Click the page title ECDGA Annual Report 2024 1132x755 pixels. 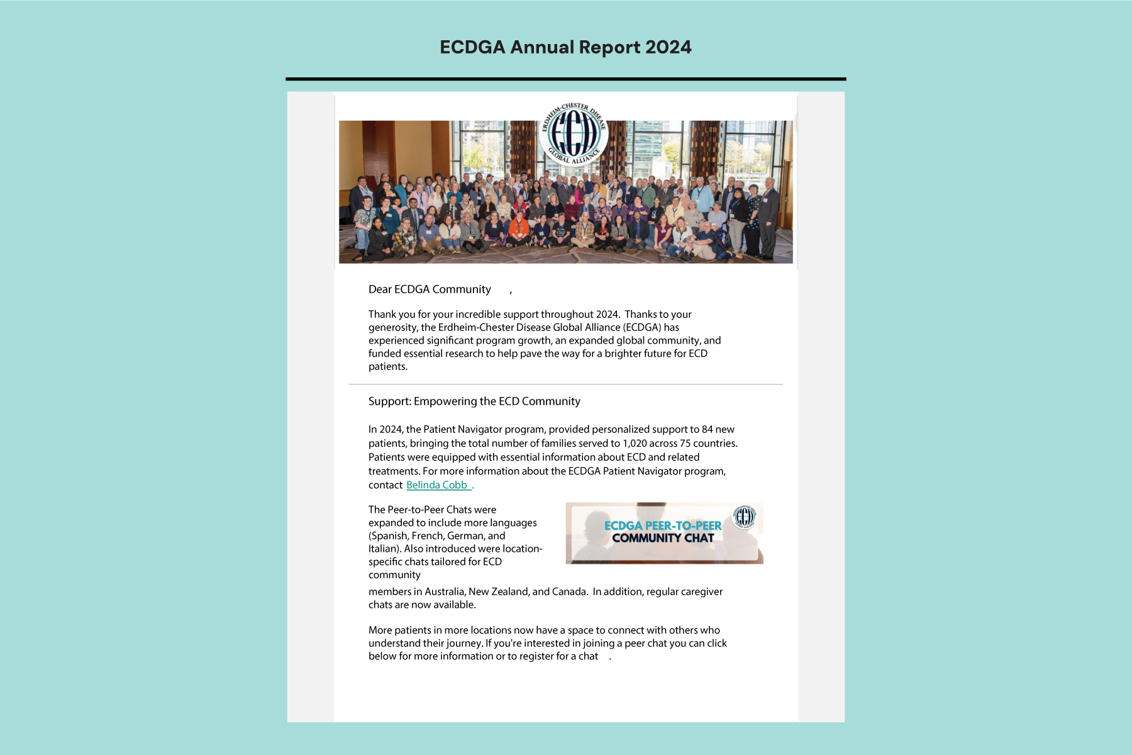click(x=565, y=47)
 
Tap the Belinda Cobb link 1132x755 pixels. click(x=437, y=485)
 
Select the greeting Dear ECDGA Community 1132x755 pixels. click(x=430, y=289)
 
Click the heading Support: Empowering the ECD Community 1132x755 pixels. click(x=474, y=401)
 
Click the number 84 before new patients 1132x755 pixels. click(x=707, y=430)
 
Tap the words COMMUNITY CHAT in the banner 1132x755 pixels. click(x=663, y=539)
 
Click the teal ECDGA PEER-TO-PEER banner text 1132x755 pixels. click(x=663, y=525)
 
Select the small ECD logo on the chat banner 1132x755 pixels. click(x=745, y=517)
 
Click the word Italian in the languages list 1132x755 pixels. click(x=384, y=549)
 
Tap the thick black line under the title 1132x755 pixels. click(x=565, y=79)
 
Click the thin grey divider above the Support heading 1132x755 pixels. click(x=565, y=384)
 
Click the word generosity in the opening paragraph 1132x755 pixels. click(x=392, y=328)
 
